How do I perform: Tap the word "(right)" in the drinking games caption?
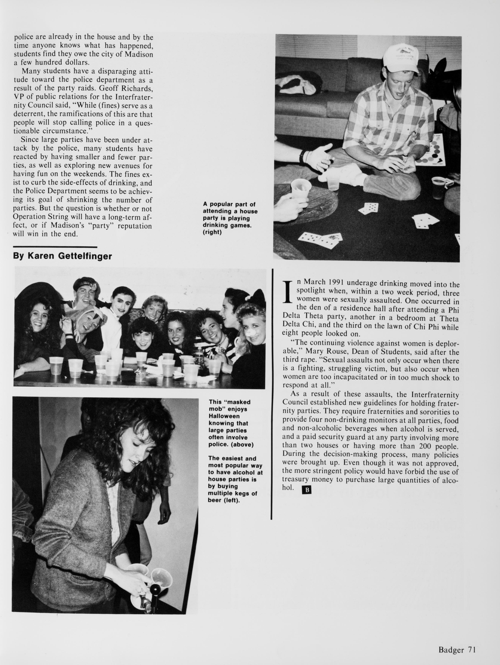(x=212, y=232)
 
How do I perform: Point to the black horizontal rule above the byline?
(x=55, y=247)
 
